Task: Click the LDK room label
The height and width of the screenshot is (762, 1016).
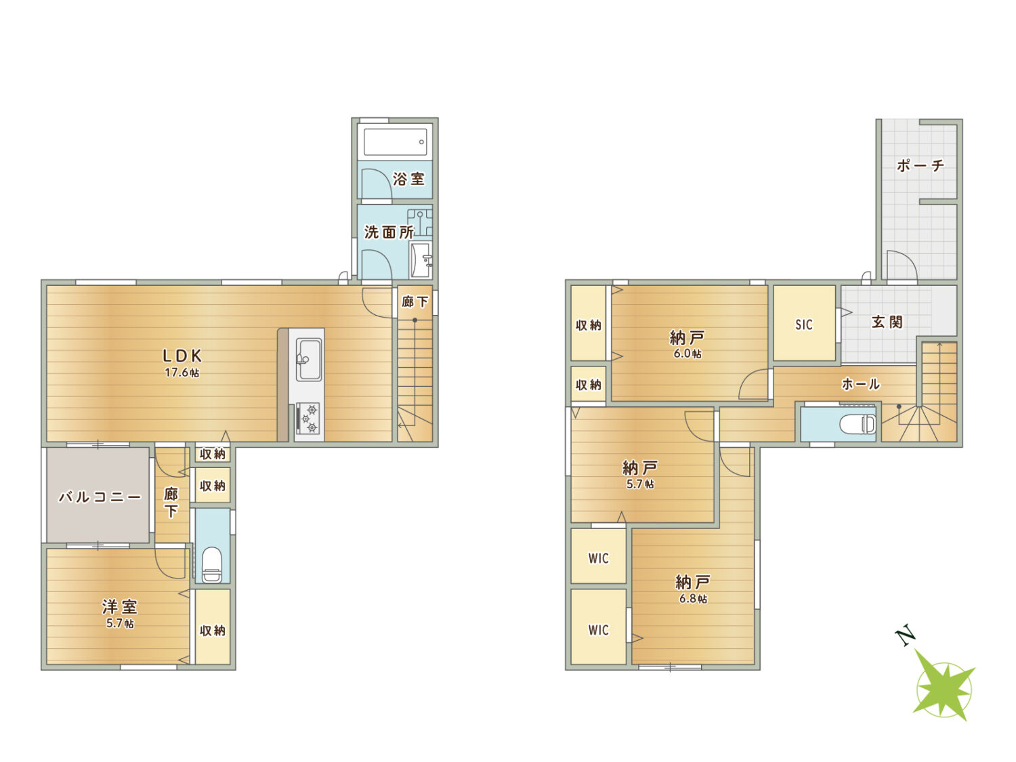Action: (182, 356)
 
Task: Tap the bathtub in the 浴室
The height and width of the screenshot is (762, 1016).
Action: (394, 142)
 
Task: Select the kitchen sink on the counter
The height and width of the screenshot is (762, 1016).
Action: (308, 360)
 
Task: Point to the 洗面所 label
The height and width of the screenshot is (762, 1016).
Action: (388, 232)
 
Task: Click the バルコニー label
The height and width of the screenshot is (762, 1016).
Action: (100, 497)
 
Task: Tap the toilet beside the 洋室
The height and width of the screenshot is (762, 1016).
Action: (213, 564)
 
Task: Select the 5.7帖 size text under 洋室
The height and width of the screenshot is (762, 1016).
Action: (120, 623)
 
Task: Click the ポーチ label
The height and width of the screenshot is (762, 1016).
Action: (920, 165)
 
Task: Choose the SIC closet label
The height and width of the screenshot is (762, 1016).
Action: (804, 325)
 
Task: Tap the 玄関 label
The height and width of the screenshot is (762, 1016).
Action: (887, 322)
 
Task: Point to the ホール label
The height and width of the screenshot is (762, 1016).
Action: (860, 383)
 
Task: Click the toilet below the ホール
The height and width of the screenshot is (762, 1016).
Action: (858, 424)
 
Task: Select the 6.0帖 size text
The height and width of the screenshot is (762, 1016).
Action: (687, 354)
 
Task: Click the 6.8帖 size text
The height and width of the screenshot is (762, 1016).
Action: (693, 599)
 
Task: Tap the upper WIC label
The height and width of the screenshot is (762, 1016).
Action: (599, 558)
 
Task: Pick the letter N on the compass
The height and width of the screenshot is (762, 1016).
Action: (906, 636)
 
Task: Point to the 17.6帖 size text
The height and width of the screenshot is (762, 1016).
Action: (182, 373)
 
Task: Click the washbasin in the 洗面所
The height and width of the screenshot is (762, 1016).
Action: (421, 260)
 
